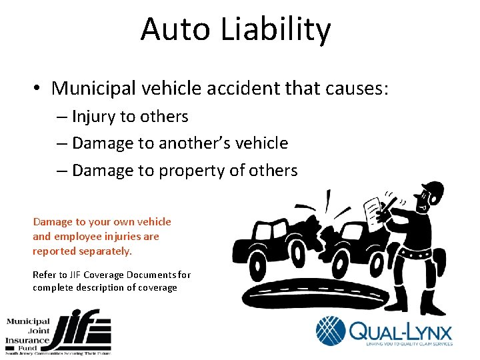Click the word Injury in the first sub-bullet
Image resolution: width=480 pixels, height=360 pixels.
[x=93, y=117]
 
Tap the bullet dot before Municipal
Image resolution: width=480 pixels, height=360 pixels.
[x=39, y=89]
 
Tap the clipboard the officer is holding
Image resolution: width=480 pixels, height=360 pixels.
[x=375, y=213]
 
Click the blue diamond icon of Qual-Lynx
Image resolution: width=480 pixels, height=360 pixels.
[x=331, y=331]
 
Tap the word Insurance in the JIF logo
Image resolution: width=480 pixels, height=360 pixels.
[x=27, y=340]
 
